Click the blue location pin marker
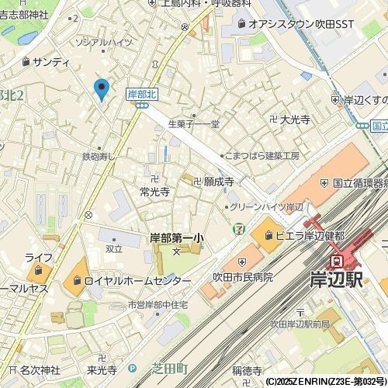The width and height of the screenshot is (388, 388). (x=100, y=89)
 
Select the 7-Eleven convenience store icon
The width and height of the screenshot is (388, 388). (x=237, y=229)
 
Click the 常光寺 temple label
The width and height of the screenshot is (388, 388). (x=154, y=190)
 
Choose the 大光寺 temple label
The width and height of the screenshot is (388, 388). (x=295, y=120)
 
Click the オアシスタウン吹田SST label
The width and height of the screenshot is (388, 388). (x=301, y=25)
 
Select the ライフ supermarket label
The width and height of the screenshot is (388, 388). (x=38, y=257)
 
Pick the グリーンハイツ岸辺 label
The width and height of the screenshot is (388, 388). (x=268, y=207)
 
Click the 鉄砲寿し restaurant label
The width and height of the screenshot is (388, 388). (x=99, y=156)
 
